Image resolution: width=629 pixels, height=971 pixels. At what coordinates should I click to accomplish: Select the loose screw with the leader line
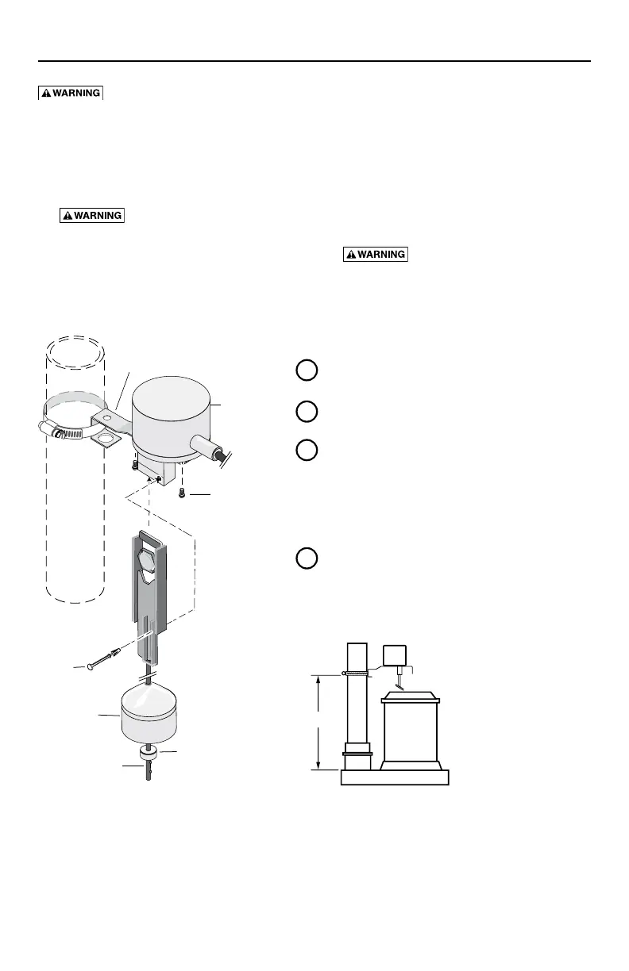[183, 493]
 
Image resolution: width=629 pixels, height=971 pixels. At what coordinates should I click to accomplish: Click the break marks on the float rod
[148, 677]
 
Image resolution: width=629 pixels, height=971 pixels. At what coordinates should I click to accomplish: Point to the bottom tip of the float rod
[148, 780]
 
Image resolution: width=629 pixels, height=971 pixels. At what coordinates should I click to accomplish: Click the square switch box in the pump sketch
[395, 655]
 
